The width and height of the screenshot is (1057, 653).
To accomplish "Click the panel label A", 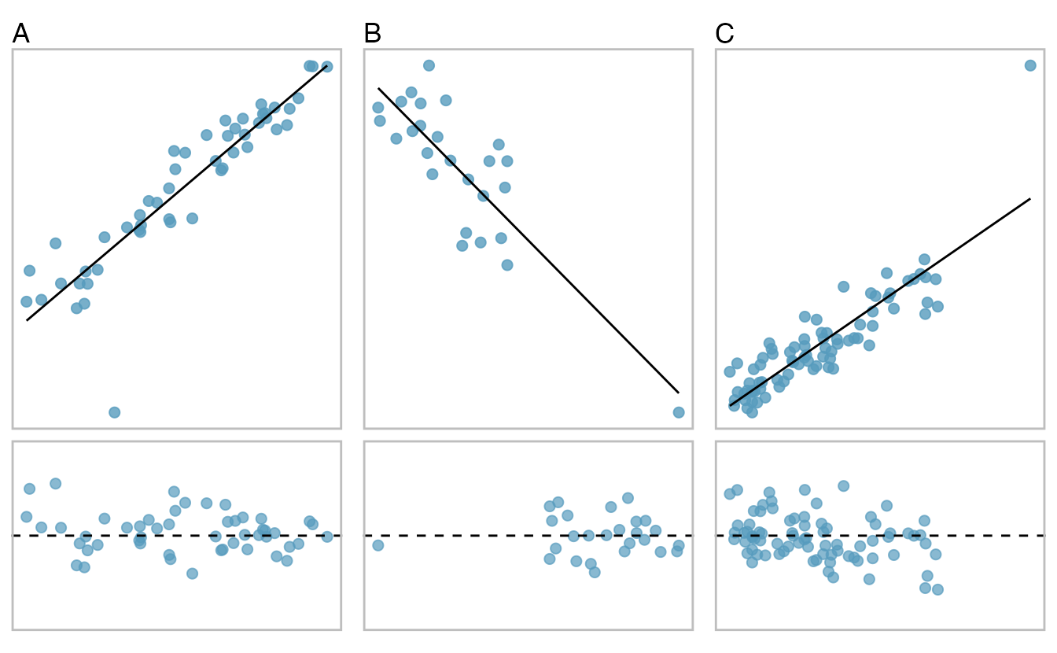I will pyautogui.click(x=21, y=33).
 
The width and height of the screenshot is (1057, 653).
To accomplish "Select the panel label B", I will pyautogui.click(x=373, y=33).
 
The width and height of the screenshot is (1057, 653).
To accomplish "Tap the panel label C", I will pyautogui.click(x=725, y=33).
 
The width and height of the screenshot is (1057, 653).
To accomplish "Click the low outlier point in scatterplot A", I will pyautogui.click(x=114, y=412).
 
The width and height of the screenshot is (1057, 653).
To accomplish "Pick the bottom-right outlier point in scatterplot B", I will pyautogui.click(x=679, y=412).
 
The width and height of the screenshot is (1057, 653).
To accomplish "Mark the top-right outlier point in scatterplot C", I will pyautogui.click(x=1030, y=65).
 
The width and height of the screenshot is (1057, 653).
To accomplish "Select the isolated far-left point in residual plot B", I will pyautogui.click(x=377, y=545).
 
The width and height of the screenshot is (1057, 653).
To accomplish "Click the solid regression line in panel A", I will pyautogui.click(x=177, y=194).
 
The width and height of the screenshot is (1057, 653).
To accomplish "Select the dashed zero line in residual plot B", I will pyautogui.click(x=472, y=536).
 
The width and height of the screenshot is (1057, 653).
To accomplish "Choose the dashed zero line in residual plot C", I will pyautogui.click(x=983, y=536).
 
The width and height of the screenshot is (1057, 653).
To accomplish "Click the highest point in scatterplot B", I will pyautogui.click(x=429, y=65).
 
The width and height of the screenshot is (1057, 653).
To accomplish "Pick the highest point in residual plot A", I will pyautogui.click(x=55, y=483).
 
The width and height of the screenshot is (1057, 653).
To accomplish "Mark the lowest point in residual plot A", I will pyautogui.click(x=192, y=574).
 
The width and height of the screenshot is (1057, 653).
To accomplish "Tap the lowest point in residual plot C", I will pyautogui.click(x=937, y=589).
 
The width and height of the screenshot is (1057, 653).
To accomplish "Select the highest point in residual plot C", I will pyautogui.click(x=843, y=485).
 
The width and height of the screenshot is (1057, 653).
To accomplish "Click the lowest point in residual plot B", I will pyautogui.click(x=595, y=572).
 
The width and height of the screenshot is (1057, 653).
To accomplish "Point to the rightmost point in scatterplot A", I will pyautogui.click(x=327, y=66).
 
